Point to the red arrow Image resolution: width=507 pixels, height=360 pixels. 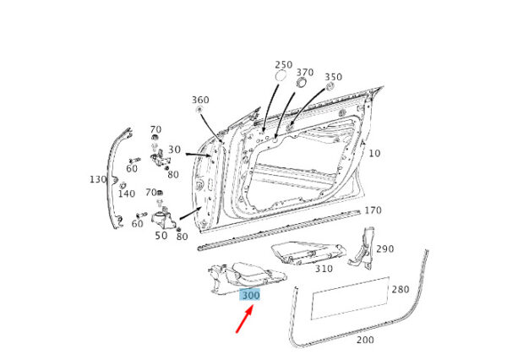[x=244, y=319]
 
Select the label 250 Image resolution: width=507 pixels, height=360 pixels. [x=284, y=65]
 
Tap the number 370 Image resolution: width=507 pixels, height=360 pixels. [x=305, y=72]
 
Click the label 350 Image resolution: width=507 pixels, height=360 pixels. [x=334, y=77]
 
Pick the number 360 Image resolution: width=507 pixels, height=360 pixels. [x=200, y=100]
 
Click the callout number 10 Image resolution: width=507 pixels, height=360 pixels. [x=374, y=153]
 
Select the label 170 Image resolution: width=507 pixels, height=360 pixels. [x=373, y=210]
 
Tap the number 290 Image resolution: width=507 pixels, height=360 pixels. [x=385, y=248]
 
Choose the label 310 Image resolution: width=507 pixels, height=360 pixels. [x=324, y=269]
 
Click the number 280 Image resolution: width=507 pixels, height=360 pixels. [x=401, y=289]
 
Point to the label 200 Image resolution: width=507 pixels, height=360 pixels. [x=365, y=340]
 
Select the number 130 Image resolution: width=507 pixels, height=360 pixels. [x=98, y=179]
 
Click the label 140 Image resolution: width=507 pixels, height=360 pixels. [x=127, y=194]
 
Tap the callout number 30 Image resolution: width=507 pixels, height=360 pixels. [x=174, y=150]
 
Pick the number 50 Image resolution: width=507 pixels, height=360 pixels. [x=161, y=236]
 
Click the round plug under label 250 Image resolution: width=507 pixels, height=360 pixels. [x=281, y=76]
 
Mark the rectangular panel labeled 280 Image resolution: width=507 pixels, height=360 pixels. [x=350, y=298]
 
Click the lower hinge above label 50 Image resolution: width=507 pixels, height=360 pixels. [x=164, y=220]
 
